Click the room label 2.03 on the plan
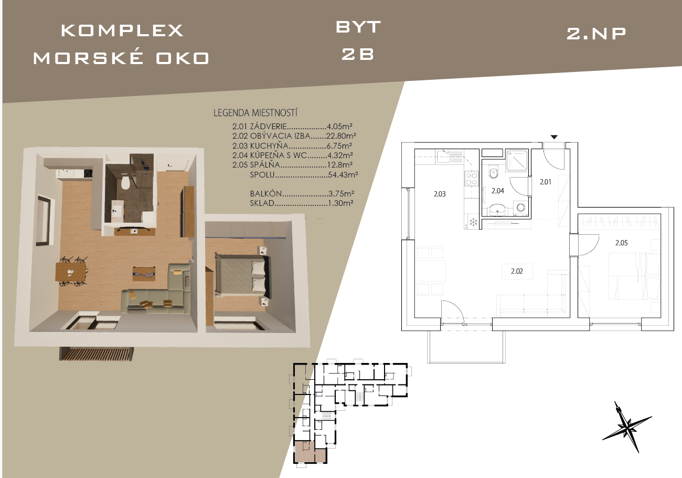point(440,194)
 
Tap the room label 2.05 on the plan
point(622,243)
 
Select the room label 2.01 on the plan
point(545,182)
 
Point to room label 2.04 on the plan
point(498,191)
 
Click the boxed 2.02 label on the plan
point(517,272)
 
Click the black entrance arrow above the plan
point(554,137)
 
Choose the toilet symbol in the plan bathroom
point(493,173)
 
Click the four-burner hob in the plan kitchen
point(471,179)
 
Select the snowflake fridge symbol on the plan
point(473,222)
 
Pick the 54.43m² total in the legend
point(343,175)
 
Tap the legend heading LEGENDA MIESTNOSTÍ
point(255,113)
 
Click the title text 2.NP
point(596,34)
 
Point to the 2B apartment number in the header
point(357,54)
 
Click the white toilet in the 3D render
point(125,182)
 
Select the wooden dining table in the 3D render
point(71,272)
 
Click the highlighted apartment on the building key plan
point(310,452)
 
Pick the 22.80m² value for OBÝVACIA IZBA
point(341,136)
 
